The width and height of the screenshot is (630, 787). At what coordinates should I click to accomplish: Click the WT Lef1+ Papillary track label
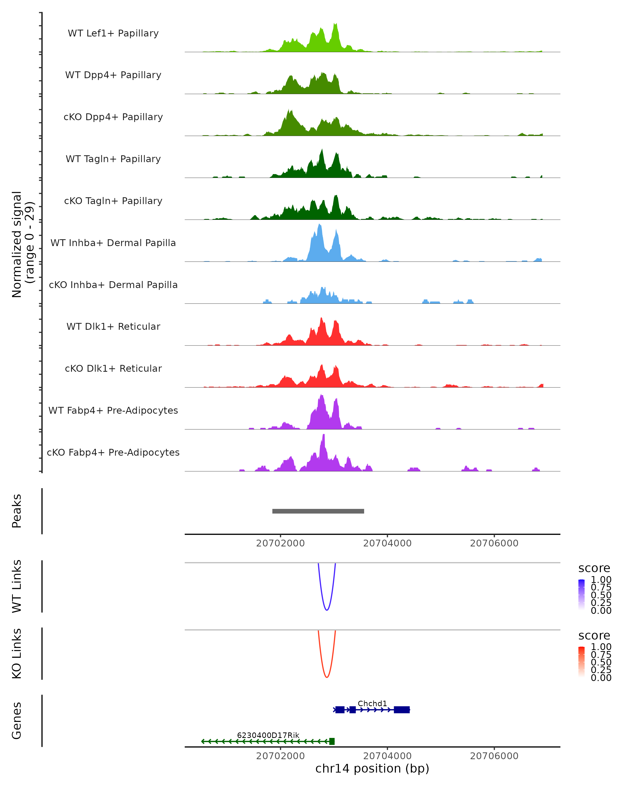coord(113,33)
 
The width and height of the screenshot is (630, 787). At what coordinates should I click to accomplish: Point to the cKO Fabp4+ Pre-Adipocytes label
coord(113,452)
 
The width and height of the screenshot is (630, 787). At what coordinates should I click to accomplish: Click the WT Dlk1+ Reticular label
coord(113,326)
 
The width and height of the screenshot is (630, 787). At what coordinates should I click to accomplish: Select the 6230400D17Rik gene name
coord(268,735)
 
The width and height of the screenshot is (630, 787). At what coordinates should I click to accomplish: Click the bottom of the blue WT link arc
coord(327,610)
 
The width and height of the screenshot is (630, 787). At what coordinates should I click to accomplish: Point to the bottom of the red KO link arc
coord(327,677)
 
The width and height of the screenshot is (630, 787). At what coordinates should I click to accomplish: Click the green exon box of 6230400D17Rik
coord(332,741)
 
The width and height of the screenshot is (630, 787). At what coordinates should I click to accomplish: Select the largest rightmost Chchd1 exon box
coord(402,710)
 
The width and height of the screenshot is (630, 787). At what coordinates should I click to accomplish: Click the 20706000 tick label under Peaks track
coord(494,543)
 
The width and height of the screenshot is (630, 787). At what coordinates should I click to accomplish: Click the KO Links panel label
coord(17,654)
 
